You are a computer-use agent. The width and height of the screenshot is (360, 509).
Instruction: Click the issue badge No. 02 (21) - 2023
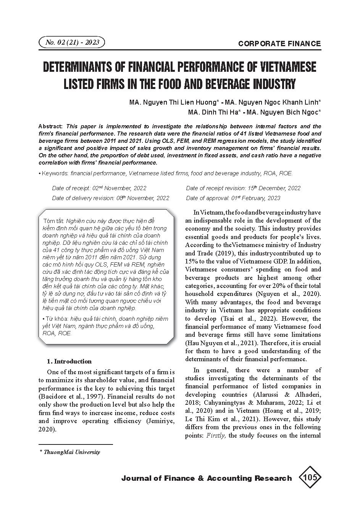[72, 42]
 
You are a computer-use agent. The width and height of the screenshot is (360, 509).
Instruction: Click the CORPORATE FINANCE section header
[279, 44]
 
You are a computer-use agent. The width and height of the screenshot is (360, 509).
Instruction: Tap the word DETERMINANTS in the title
[79, 67]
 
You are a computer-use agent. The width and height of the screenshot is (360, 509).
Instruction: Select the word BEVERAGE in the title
[232, 84]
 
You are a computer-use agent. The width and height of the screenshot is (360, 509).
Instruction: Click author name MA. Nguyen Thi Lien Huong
[174, 102]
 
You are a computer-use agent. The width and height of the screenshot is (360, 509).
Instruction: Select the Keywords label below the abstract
[55, 173]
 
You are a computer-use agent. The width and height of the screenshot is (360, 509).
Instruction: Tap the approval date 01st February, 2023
[256, 198]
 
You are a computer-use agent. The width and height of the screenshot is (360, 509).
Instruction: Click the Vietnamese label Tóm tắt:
[54, 221]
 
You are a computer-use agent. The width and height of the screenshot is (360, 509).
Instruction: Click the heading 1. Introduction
[69, 361]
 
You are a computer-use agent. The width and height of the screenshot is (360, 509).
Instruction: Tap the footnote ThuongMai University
[72, 452]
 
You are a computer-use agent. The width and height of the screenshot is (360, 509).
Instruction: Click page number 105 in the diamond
[310, 477]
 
